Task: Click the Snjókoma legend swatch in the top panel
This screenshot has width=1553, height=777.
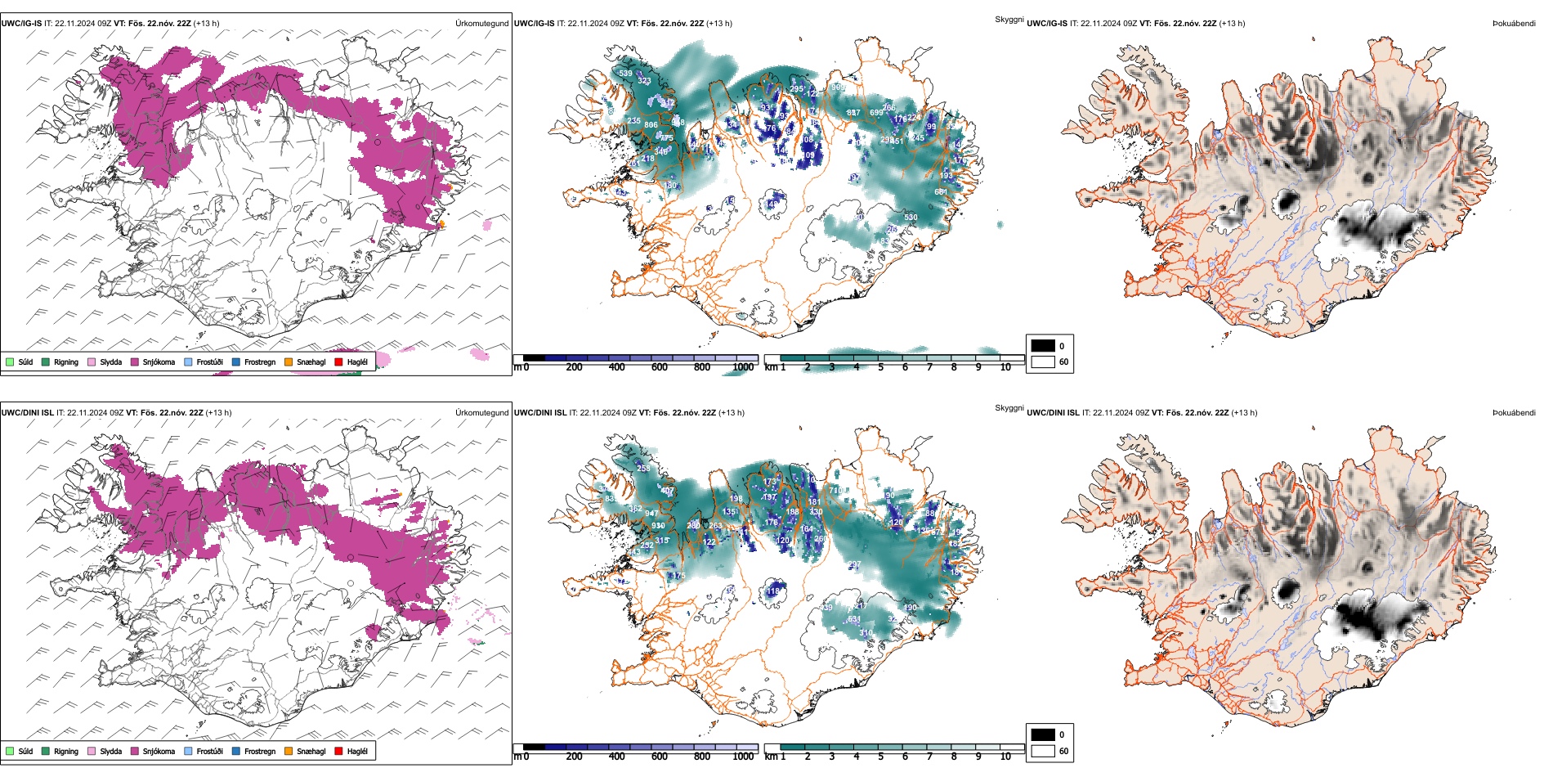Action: (x=135, y=362)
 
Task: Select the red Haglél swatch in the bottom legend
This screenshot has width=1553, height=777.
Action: (x=338, y=751)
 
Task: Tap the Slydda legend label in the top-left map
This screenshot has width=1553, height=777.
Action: (x=110, y=362)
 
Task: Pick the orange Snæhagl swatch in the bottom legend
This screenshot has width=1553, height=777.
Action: (x=289, y=751)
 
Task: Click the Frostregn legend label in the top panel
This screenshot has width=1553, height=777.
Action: (x=260, y=362)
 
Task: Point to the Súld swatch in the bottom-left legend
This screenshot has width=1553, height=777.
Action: (x=10, y=751)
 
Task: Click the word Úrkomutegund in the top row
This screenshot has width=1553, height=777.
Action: (x=481, y=23)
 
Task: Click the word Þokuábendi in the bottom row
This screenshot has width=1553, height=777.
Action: (x=1514, y=412)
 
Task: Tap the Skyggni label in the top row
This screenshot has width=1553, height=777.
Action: (x=1009, y=19)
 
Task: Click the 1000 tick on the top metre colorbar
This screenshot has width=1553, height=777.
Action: (x=743, y=367)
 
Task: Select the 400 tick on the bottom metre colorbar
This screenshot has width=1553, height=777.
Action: (x=616, y=757)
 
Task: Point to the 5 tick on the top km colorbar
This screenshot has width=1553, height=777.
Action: (x=880, y=367)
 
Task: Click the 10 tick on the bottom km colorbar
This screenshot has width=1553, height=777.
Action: (x=1005, y=757)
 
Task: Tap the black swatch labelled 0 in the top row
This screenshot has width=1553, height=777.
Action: (x=1043, y=346)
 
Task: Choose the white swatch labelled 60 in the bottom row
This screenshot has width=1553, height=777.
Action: (x=1043, y=751)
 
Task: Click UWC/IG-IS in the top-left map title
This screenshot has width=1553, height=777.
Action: (x=21, y=23)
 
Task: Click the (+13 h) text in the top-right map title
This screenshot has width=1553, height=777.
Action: (x=1232, y=23)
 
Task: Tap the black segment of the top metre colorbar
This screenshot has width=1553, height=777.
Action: (x=534, y=358)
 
